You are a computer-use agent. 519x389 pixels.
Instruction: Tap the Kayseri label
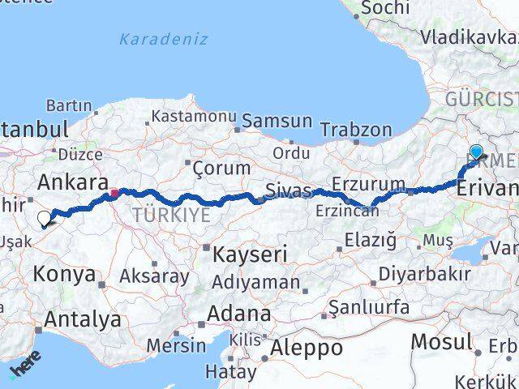point(250,254)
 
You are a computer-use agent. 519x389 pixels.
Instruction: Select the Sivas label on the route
point(288,191)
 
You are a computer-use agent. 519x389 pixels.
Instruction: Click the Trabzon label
point(356,129)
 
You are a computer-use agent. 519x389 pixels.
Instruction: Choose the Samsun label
point(277,121)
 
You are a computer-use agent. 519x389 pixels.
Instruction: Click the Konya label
point(64,274)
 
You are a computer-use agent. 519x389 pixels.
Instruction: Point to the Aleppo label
point(306,348)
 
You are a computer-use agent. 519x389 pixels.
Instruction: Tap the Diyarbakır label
point(424,273)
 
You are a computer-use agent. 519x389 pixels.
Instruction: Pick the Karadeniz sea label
point(163,38)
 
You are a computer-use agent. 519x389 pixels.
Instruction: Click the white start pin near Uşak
point(44,218)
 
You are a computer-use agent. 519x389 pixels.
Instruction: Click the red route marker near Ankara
point(115,193)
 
